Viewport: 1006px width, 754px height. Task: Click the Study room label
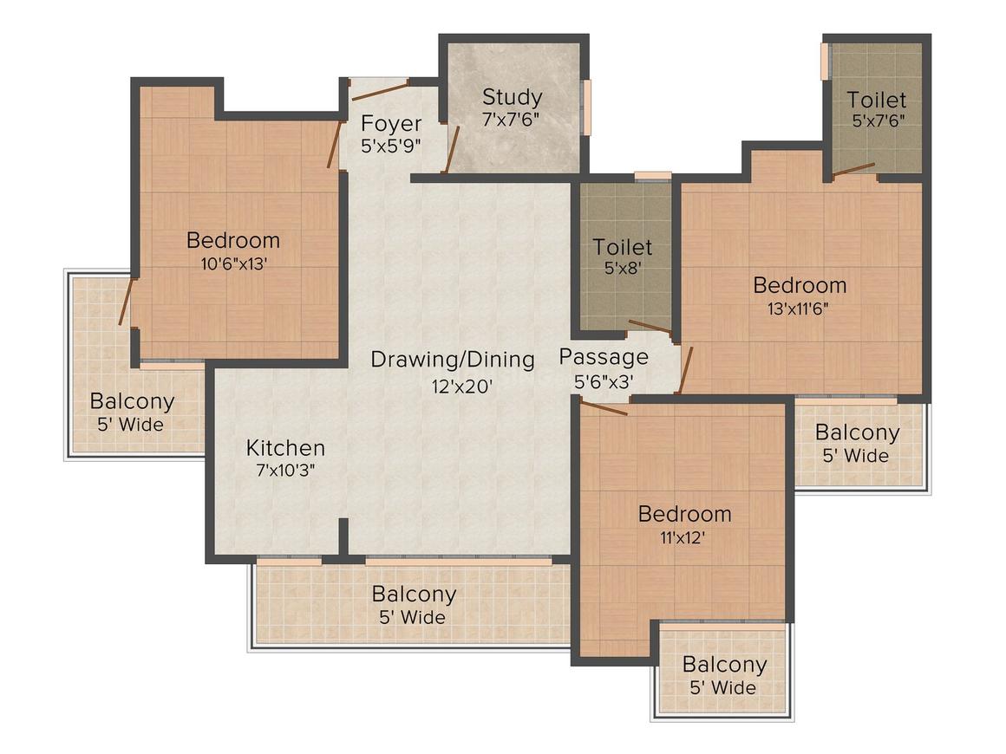tap(512, 97)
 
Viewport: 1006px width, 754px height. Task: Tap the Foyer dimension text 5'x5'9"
tap(391, 146)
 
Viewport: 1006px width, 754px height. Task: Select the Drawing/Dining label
tap(453, 359)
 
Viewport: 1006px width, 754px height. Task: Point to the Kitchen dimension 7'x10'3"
tap(285, 471)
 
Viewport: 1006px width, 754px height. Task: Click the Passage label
tap(604, 357)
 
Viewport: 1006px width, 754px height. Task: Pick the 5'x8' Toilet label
tap(622, 247)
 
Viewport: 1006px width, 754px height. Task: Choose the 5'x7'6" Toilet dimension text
tap(879, 120)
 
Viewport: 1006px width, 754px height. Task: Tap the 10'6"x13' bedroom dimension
tap(233, 263)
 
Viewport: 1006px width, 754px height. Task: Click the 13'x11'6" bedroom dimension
tap(798, 309)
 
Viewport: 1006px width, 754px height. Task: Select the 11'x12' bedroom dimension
tap(683, 537)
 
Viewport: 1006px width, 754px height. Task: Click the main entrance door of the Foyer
tap(380, 91)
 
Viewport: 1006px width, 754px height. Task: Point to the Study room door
tap(451, 150)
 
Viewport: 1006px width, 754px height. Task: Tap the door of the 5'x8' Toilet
tap(650, 327)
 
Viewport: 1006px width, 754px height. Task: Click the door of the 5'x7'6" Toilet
tap(853, 169)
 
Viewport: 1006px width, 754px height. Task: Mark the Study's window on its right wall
tap(586, 107)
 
